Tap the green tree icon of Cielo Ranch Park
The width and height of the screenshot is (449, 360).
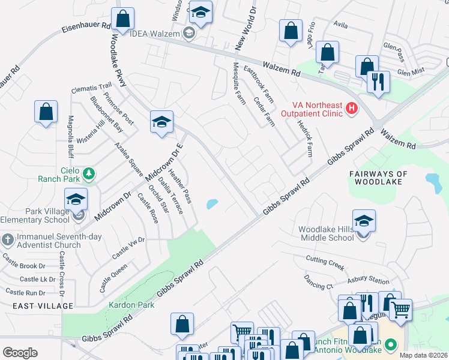pyautogui.click(x=89, y=173)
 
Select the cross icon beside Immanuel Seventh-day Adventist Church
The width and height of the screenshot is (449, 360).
pyautogui.click(x=7, y=241)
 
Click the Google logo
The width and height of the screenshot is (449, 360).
pyautogui.click(x=20, y=353)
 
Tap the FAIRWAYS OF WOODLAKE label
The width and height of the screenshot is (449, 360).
pyautogui.click(x=379, y=178)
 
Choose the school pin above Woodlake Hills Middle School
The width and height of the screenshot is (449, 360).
pyautogui.click(x=364, y=221)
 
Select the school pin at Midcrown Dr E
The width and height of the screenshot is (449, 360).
pyautogui.click(x=161, y=122)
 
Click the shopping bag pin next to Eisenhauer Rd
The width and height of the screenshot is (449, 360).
pyautogui.click(x=123, y=19)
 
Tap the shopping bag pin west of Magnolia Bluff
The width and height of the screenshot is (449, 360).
pyautogui.click(x=46, y=112)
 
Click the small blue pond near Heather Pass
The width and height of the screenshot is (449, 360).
pyautogui.click(x=212, y=205)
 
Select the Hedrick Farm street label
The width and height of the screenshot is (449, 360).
pyautogui.click(x=305, y=138)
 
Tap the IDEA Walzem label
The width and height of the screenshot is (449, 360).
pyautogui.click(x=155, y=34)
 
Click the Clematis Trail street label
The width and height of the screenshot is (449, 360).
pyautogui.click(x=92, y=87)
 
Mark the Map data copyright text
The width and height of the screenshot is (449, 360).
pyautogui.click(x=424, y=355)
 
